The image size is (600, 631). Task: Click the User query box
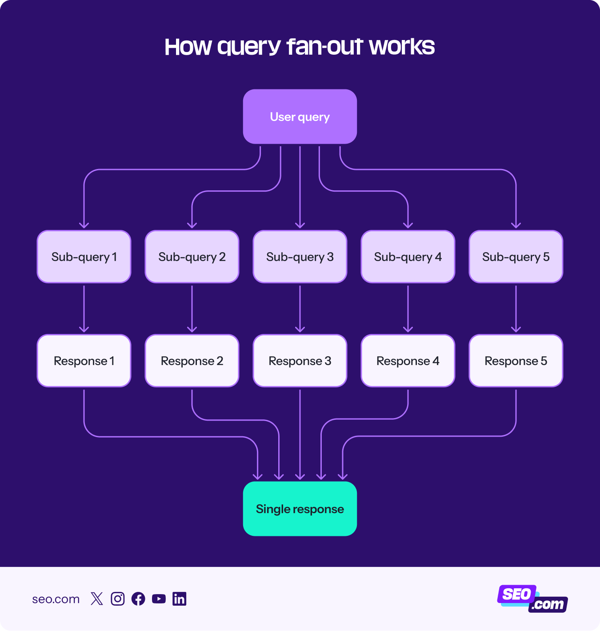[300, 117]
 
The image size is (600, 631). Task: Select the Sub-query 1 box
[84, 257]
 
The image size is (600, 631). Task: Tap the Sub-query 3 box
[300, 257]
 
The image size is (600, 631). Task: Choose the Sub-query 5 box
[516, 257]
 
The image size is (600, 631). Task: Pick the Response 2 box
[192, 361]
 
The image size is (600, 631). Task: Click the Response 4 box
[408, 361]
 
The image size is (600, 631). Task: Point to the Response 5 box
[516, 361]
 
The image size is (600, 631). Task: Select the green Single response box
[300, 509]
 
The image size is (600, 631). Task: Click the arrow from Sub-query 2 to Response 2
[192, 309]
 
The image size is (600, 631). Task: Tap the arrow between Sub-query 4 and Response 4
[408, 309]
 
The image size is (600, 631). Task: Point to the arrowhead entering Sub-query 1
[84, 225]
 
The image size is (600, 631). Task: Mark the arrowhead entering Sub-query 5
[516, 225]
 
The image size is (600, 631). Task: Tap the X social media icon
[97, 599]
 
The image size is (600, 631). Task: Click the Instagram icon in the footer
[118, 599]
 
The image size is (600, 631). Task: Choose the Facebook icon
[138, 599]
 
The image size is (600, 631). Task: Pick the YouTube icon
[159, 599]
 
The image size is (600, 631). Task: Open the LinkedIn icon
[180, 599]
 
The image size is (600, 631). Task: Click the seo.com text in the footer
[56, 599]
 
